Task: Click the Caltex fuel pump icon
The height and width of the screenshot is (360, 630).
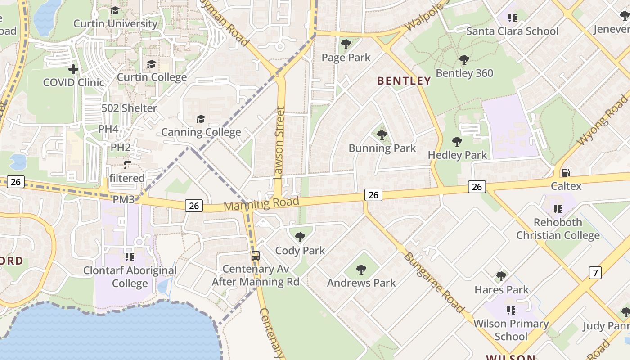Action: [566, 173]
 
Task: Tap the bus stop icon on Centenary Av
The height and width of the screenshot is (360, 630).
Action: [255, 256]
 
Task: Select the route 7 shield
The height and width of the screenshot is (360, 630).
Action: [595, 272]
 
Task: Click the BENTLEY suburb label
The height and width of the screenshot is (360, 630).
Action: [404, 81]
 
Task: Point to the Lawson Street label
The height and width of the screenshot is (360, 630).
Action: [280, 143]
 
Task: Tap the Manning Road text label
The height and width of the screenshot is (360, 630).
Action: [261, 204]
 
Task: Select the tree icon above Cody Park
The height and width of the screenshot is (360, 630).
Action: [300, 237]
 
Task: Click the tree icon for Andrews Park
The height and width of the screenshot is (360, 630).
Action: [361, 270]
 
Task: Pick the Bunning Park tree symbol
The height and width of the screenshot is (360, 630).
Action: [382, 135]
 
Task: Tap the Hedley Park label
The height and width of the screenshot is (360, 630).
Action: [457, 155]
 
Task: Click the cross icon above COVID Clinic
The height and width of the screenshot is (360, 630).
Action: [73, 69]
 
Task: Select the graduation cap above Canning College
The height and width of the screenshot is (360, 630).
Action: [201, 119]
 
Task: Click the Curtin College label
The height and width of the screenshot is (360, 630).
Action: [152, 77]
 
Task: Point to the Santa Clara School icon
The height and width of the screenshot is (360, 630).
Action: [512, 18]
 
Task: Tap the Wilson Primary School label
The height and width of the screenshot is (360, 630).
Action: [511, 330]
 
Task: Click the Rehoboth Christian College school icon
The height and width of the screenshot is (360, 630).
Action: [558, 209]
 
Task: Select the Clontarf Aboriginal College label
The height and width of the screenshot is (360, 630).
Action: [130, 277]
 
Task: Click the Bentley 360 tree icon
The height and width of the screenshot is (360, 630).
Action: [464, 60]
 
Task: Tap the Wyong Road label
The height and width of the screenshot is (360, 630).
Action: [603, 120]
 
